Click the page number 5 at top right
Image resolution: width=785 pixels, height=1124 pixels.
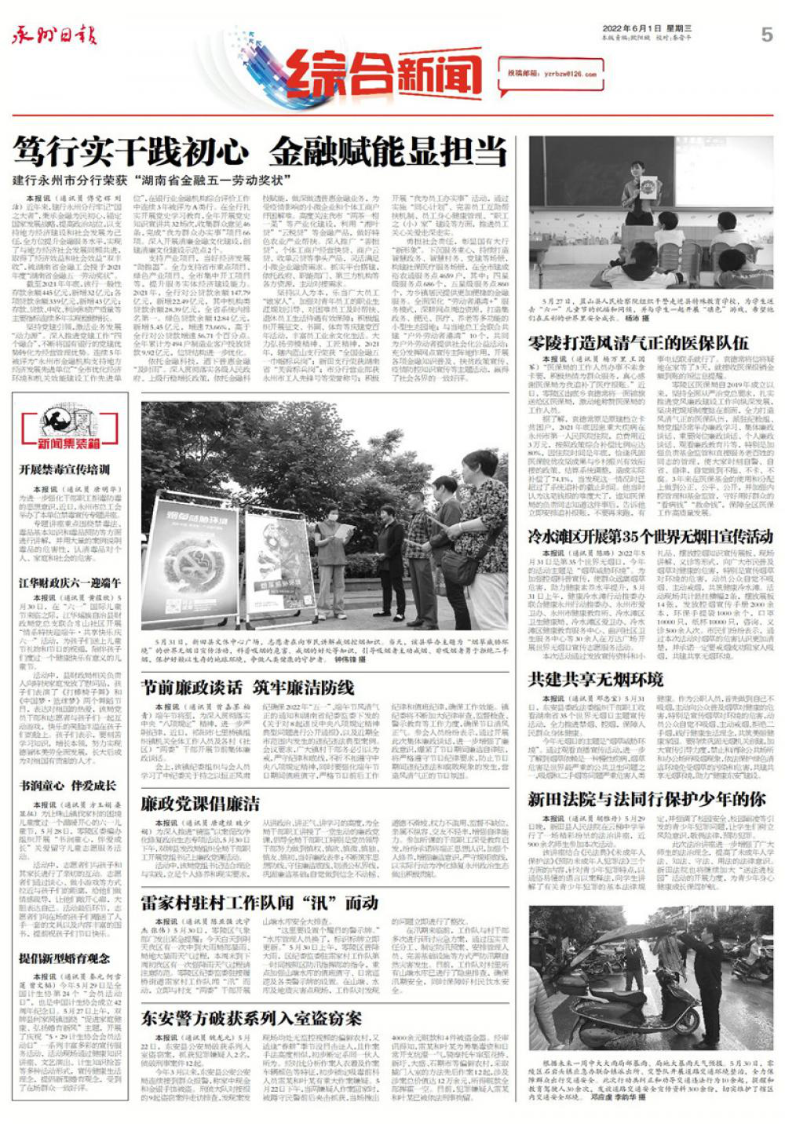pos(766,35)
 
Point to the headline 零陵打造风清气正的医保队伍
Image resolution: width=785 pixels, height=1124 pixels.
pos(637,342)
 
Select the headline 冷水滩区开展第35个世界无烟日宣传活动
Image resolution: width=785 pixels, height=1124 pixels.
pos(651,536)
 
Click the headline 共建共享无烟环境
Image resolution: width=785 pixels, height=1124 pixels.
pos(596,679)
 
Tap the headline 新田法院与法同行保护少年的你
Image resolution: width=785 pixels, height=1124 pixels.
pos(646,799)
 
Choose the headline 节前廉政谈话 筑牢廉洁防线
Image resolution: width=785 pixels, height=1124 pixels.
pos(247,687)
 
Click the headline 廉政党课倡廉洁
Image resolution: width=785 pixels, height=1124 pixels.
pos(200,803)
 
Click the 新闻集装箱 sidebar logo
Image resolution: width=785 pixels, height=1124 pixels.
pos(70,427)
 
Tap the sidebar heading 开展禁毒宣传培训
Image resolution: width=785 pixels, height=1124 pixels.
pos(65,469)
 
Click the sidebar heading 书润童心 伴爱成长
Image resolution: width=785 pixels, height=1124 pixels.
pos(68,785)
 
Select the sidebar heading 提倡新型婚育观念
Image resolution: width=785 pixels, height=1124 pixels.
pos(65,958)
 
